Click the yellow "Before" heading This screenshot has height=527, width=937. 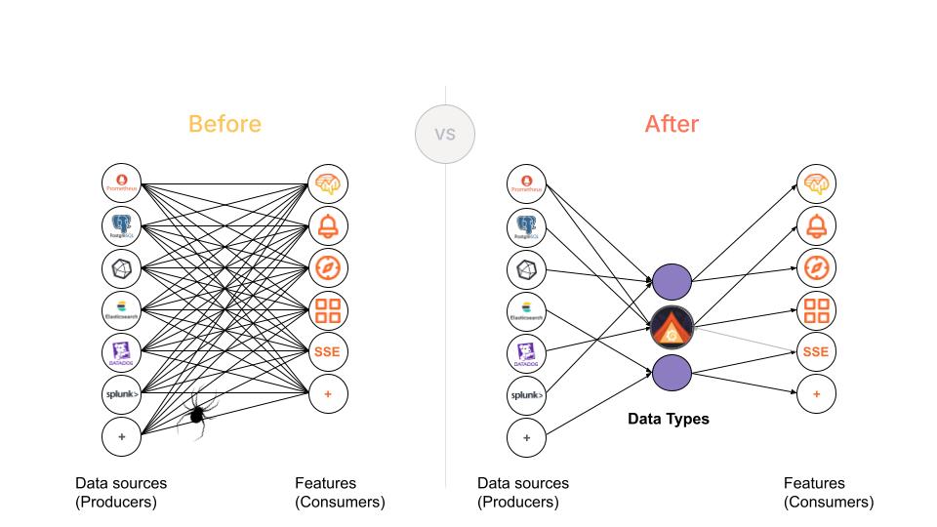point(224,124)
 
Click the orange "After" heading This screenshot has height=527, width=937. point(672,124)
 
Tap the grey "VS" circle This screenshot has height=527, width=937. point(445,134)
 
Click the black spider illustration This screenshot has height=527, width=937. point(196,414)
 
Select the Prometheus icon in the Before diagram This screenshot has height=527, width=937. point(122,182)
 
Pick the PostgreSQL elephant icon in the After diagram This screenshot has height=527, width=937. point(527,225)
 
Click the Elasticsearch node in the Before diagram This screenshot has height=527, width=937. point(122,310)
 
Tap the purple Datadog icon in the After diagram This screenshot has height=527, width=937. point(527,352)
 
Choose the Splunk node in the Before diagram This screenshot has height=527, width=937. point(122,394)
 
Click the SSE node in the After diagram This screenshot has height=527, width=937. point(817,352)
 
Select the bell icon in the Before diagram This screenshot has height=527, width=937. point(328,225)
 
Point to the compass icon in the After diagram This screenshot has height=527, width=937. point(817,267)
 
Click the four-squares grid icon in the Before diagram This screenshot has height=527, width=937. point(328,310)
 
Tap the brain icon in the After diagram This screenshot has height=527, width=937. point(817,182)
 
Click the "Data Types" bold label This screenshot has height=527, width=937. point(668,420)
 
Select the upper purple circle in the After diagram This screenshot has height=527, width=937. point(672,283)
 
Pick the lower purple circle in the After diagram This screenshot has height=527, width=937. point(672,372)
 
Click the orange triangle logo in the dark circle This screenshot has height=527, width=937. point(672,328)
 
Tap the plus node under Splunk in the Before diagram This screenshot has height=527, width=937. point(122,436)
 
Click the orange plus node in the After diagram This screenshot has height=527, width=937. point(817,394)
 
